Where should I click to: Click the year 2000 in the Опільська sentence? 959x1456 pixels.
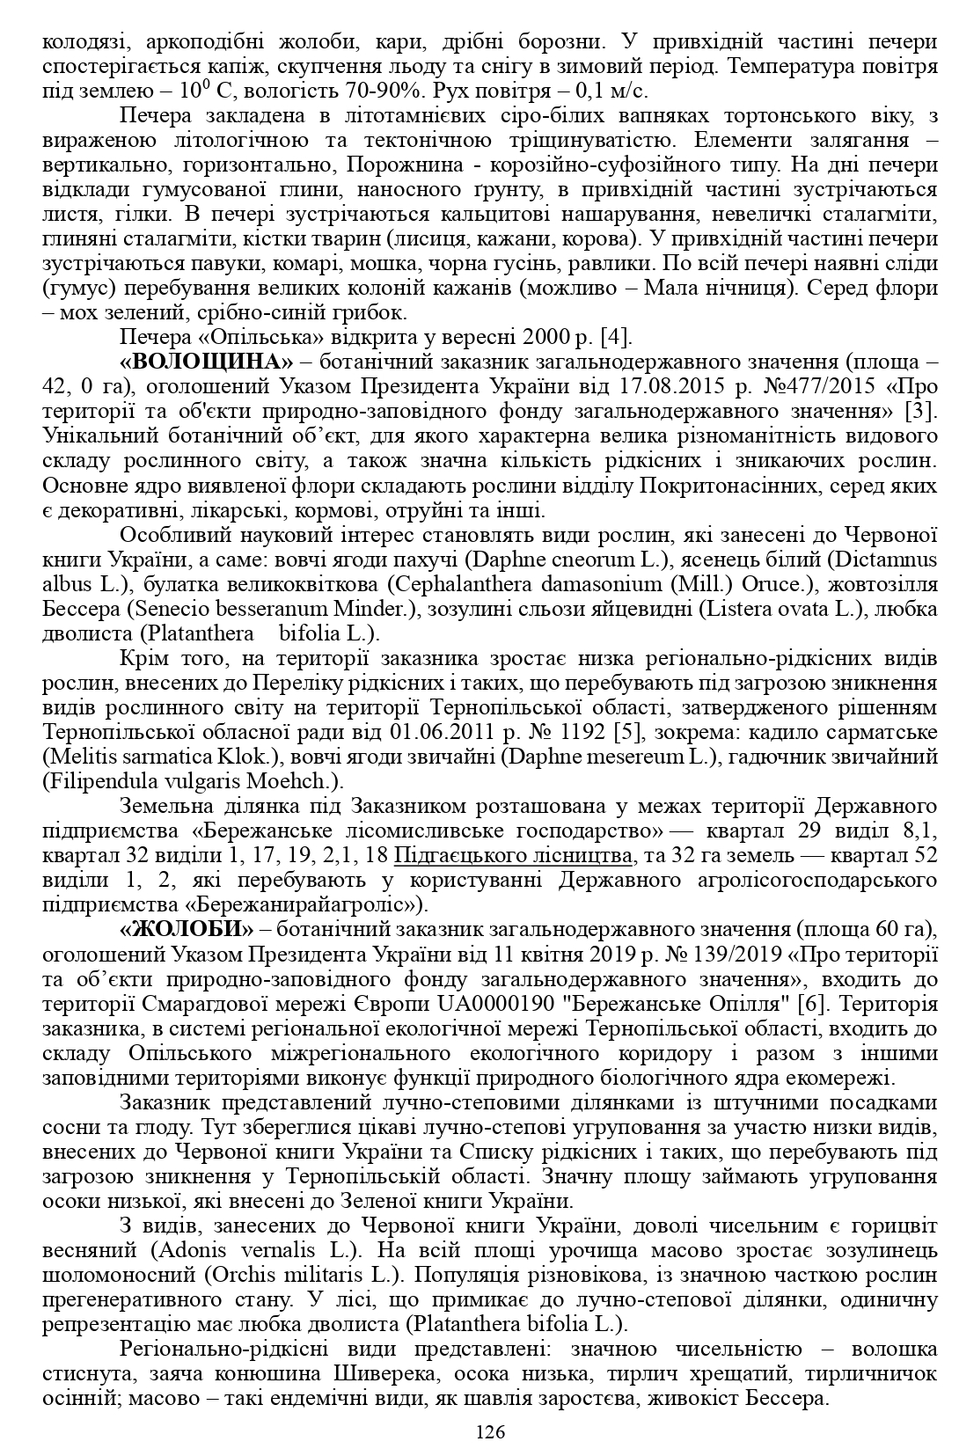point(543,337)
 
